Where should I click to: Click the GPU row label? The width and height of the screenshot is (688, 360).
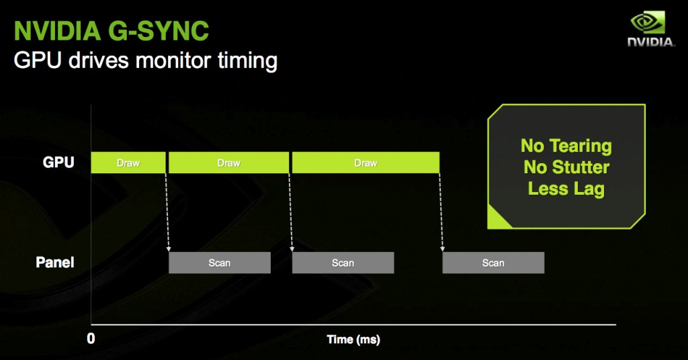(x=58, y=163)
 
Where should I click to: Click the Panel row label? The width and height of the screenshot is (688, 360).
(x=54, y=263)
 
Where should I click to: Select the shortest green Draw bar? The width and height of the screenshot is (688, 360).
(x=128, y=163)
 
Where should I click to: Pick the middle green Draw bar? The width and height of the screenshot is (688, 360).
(x=228, y=163)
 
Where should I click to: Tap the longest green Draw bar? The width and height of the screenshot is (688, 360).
(x=365, y=163)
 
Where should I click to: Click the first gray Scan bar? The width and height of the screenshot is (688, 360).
(x=219, y=263)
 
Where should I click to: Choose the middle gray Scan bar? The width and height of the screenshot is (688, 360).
(x=343, y=263)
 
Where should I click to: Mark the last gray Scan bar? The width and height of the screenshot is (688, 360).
(x=492, y=263)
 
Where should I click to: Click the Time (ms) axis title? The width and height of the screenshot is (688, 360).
(x=353, y=339)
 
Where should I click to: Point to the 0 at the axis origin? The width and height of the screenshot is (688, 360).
(x=91, y=339)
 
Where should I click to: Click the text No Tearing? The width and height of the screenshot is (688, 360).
(x=566, y=146)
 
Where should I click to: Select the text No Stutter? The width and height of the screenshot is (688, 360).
(x=566, y=167)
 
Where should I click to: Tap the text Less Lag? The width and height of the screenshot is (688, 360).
(x=566, y=189)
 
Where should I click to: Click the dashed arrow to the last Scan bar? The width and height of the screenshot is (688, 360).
(x=441, y=212)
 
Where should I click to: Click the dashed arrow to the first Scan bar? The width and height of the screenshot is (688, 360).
(x=167, y=212)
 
